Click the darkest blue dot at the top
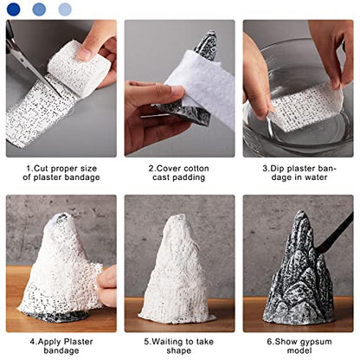13,10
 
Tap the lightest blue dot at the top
65,10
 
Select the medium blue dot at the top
39,10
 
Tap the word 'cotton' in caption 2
196,168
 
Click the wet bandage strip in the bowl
305,106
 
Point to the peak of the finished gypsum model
301,212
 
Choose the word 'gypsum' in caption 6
316,343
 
